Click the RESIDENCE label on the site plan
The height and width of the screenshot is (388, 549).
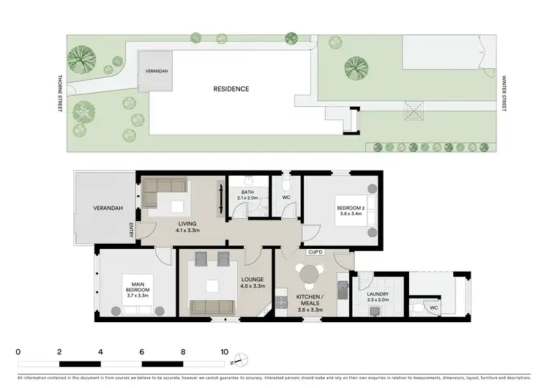click(x=231, y=89)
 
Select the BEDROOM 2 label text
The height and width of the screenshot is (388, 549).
click(x=349, y=210)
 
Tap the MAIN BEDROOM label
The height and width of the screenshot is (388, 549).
click(x=137, y=288)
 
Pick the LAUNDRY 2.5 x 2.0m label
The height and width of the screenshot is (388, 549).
click(x=378, y=297)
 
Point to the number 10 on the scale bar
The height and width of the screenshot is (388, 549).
click(x=224, y=351)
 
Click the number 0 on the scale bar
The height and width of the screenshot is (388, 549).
click(x=18, y=351)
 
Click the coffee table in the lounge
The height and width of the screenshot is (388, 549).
click(x=212, y=286)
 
